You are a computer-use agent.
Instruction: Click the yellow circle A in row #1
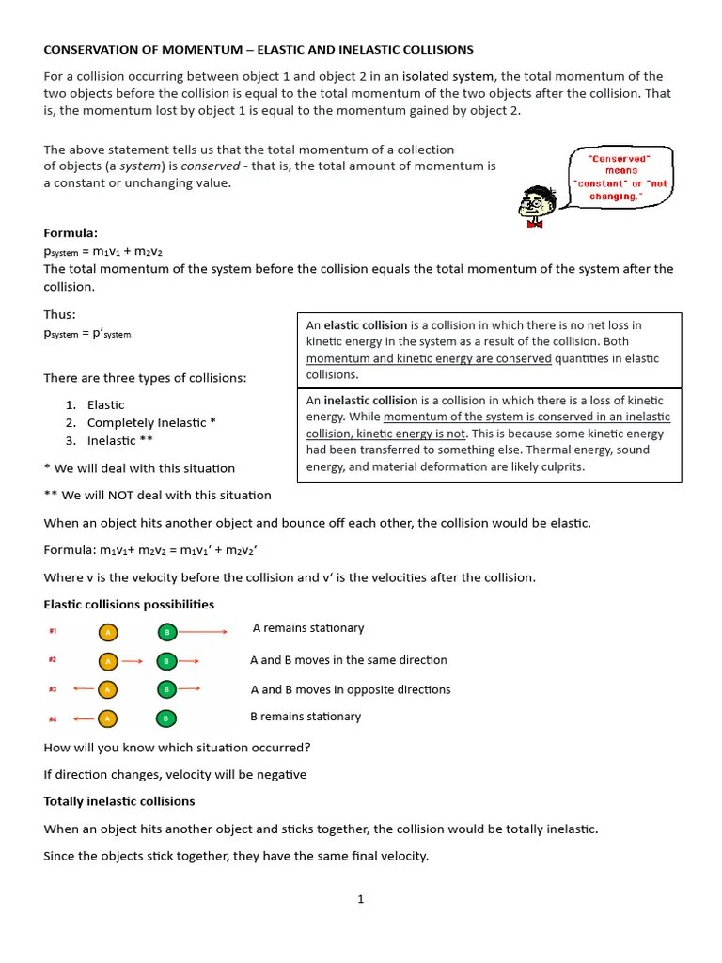coord(108,632)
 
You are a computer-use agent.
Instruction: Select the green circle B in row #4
coord(165,718)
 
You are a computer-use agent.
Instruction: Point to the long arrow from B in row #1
coord(203,632)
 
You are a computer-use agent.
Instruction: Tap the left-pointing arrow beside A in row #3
coord(83,689)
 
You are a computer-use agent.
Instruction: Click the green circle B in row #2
coord(165,661)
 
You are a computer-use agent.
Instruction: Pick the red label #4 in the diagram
coord(53,719)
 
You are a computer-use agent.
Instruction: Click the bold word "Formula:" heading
coord(71,232)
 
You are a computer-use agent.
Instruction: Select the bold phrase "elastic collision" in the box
coord(366,325)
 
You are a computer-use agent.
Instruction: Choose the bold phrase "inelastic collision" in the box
coord(371,400)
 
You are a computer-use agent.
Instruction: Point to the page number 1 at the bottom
coord(360,899)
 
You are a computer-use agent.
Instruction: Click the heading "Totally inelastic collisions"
coord(119,801)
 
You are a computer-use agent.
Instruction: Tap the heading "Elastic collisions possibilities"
coord(129,604)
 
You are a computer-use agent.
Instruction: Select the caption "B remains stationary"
coord(306,717)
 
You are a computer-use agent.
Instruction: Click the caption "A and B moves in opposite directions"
coord(351,689)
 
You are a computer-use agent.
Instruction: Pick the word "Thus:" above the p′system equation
coord(60,314)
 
